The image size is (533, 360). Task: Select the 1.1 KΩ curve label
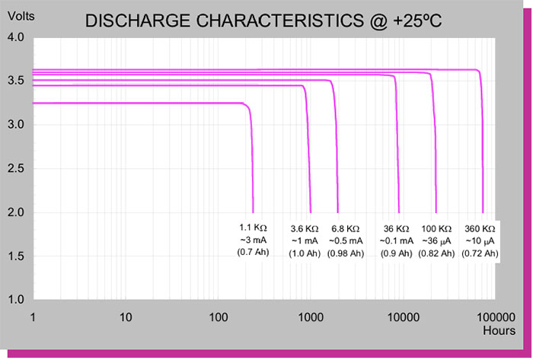254,228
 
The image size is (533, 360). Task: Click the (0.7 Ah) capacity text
254,252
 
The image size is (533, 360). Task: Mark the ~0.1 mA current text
396,241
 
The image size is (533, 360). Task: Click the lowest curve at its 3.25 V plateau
137,104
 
